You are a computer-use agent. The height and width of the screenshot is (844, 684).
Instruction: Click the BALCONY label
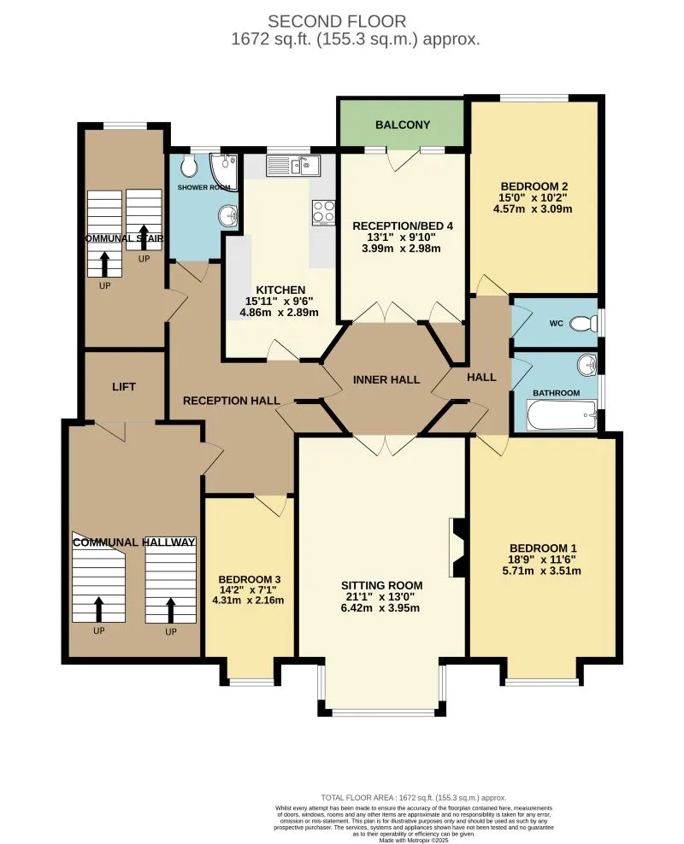coord(403,125)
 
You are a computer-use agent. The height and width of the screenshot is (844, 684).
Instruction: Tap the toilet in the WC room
coord(583,324)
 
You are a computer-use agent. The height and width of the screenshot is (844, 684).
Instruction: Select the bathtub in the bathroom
coord(563,415)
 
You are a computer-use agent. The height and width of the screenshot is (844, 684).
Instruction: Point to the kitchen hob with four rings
coord(324,213)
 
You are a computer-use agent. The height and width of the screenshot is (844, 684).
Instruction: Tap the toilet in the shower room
coord(189,167)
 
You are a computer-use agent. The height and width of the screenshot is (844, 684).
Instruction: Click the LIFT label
coord(124,386)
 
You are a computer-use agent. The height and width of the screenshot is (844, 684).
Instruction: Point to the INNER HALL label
coord(386,380)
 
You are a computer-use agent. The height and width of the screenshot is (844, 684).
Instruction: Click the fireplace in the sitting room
coord(457,548)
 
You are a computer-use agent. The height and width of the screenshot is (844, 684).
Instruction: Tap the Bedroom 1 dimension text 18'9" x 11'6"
coord(542,560)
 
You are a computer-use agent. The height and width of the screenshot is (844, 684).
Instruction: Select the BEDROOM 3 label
coord(250,580)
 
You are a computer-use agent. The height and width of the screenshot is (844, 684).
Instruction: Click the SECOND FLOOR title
coord(337,21)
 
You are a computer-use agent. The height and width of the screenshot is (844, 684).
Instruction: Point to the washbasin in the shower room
coord(228,215)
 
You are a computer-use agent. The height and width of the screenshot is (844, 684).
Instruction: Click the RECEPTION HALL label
coord(232,401)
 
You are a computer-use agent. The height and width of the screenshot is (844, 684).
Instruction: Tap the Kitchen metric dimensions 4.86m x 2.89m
coord(279,312)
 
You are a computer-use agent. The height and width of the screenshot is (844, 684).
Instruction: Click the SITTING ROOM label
coord(382,586)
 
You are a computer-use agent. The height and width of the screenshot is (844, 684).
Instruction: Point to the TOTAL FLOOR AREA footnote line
coord(414,798)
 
